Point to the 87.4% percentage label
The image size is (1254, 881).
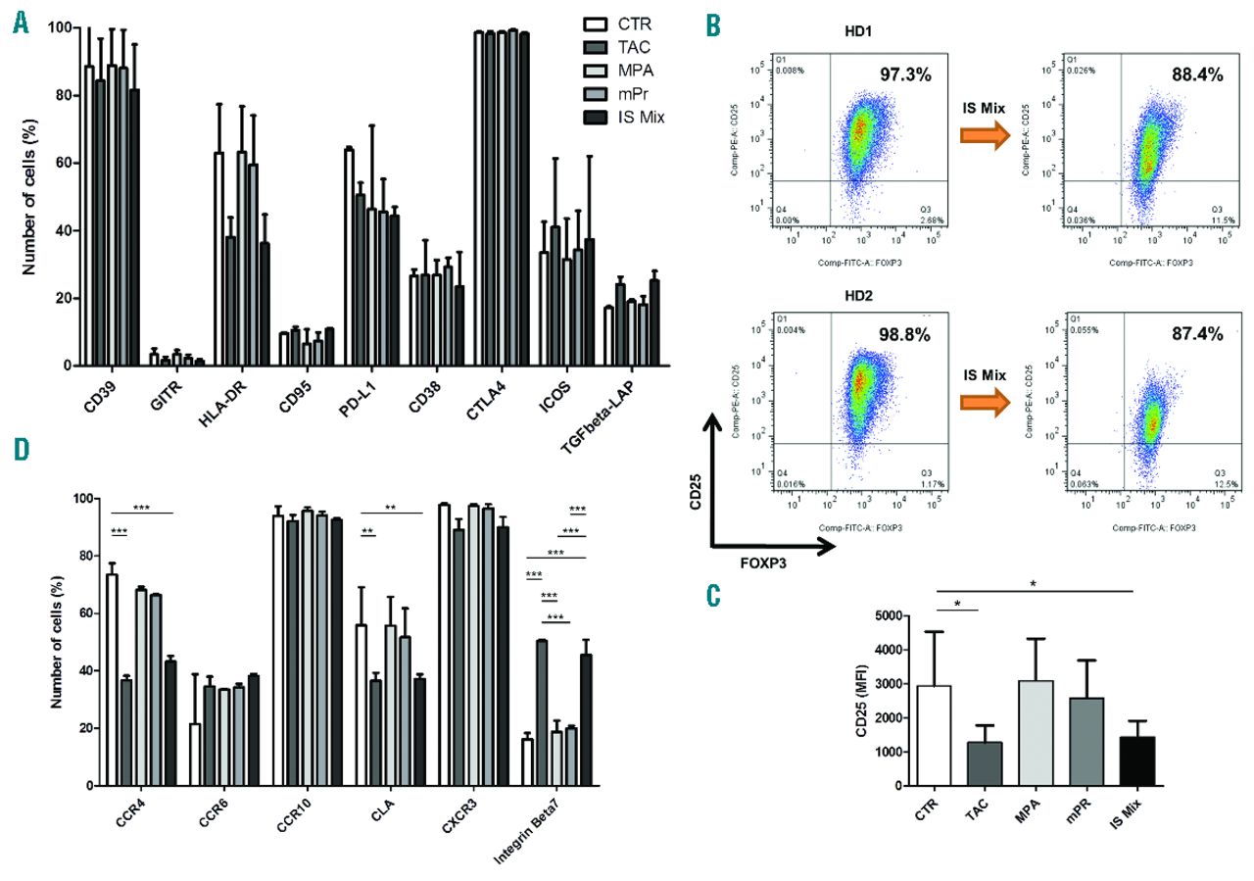(1194, 334)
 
